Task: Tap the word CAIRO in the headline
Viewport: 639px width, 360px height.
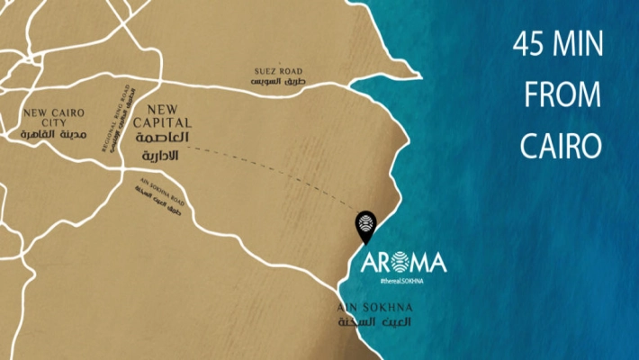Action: coord(558,144)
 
